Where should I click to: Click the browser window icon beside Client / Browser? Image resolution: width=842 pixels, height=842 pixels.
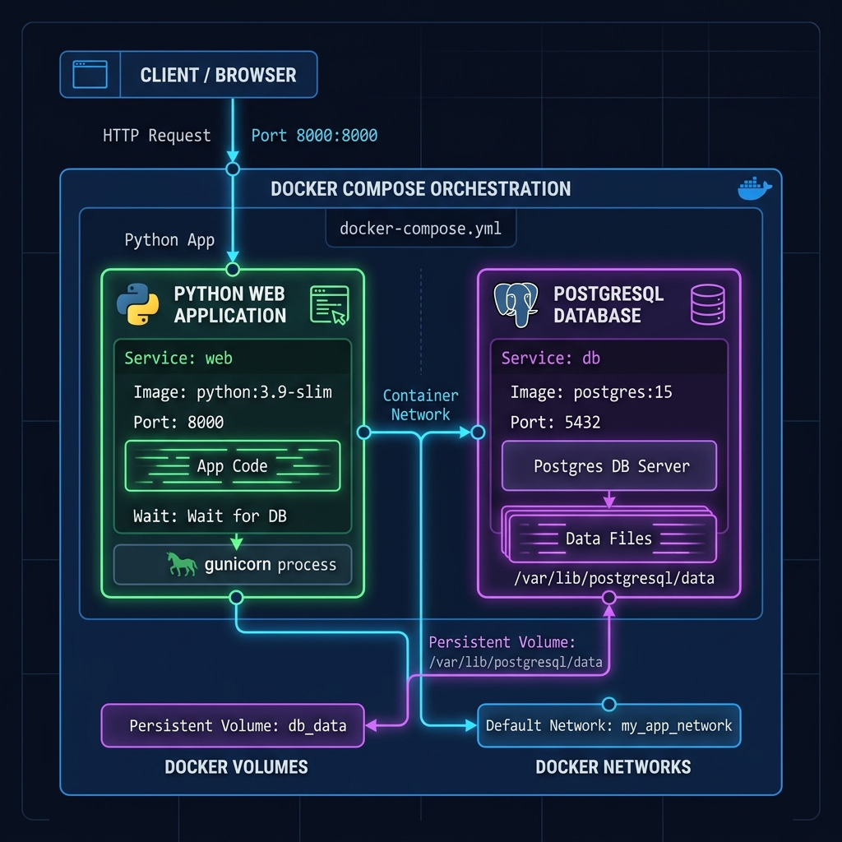tap(90, 74)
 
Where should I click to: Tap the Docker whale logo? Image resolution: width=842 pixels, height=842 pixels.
tap(755, 188)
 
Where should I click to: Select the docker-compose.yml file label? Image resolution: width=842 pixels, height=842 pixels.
tap(420, 229)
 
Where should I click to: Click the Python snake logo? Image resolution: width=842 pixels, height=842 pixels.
tap(137, 304)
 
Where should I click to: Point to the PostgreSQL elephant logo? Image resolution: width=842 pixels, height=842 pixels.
tap(516, 304)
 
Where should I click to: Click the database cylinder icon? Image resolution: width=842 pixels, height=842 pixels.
tap(708, 304)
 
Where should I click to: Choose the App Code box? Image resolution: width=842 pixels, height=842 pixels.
tap(233, 465)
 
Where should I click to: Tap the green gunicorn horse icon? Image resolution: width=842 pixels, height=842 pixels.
tap(182, 564)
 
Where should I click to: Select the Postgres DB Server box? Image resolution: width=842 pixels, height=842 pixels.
tap(609, 465)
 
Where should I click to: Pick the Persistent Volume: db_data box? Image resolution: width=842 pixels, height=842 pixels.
tap(233, 725)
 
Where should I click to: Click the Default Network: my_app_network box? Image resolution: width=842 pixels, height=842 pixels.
tap(609, 725)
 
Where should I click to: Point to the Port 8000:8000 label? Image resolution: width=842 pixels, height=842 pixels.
tap(314, 136)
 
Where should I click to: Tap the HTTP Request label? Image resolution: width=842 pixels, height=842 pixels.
tap(157, 136)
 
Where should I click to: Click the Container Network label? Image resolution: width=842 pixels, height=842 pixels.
tap(420, 405)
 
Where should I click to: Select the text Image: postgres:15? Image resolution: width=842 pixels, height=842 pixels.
tap(591, 392)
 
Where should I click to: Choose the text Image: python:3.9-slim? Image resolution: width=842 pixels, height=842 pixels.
tap(233, 392)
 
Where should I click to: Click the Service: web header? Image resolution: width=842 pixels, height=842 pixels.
tap(178, 359)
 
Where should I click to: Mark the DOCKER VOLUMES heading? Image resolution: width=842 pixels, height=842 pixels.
tap(236, 767)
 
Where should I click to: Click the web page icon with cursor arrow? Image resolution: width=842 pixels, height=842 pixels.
tap(330, 305)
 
